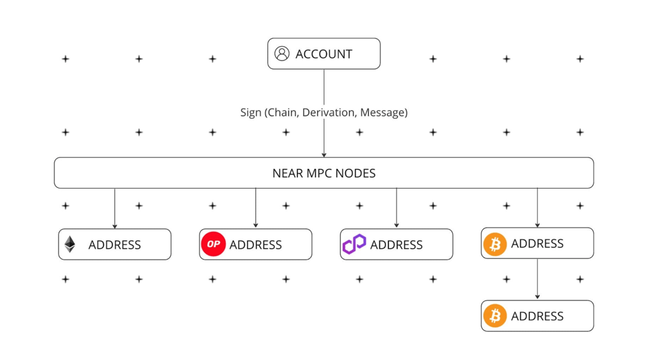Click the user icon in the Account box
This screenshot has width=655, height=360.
[281, 54]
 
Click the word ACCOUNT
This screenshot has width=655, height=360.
[324, 54]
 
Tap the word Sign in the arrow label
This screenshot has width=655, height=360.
[251, 113]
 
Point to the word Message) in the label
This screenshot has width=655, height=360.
[384, 113]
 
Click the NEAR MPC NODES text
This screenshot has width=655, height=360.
[324, 173]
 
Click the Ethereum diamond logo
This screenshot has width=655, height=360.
[70, 244]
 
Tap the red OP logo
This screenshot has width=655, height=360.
[214, 244]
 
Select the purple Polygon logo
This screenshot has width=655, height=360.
[354, 244]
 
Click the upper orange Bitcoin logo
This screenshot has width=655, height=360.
[495, 244]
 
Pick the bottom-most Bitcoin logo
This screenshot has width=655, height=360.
[495, 316]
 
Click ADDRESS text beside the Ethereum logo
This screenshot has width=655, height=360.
[114, 245]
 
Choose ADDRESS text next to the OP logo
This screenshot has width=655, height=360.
[256, 245]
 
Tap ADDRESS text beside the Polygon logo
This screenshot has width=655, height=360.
[397, 245]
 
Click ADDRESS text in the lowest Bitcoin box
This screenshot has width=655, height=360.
[537, 316]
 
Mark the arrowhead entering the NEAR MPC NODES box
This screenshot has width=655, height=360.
[324, 155]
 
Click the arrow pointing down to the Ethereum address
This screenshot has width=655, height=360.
[114, 208]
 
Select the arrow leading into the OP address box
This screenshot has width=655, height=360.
[256, 208]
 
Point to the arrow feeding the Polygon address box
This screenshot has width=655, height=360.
[397, 208]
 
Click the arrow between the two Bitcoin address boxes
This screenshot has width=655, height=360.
[537, 279]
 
